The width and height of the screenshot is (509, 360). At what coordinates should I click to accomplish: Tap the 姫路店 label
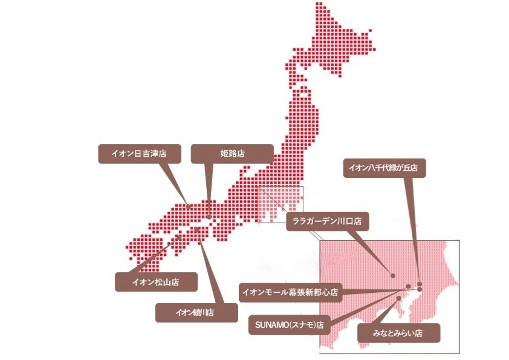[232, 154]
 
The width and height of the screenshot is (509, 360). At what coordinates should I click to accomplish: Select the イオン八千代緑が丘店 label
[384, 168]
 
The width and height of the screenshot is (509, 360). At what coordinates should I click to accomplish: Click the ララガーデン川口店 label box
[326, 221]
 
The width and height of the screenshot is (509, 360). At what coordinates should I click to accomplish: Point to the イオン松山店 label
[155, 282]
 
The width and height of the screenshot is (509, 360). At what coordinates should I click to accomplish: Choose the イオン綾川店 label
[195, 313]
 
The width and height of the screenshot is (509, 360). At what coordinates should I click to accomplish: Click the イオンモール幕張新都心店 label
[290, 293]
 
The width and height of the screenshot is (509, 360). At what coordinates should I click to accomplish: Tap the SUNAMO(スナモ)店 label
[287, 325]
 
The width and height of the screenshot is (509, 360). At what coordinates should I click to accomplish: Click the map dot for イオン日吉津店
[189, 206]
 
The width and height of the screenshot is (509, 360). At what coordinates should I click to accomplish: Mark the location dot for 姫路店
[209, 217]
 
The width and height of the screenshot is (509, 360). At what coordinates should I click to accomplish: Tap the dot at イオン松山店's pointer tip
[179, 237]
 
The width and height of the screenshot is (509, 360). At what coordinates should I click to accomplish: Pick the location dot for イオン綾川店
[198, 230]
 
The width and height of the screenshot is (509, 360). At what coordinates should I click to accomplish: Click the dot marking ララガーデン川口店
[393, 276]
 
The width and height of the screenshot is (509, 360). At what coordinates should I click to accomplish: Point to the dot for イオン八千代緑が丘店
[419, 284]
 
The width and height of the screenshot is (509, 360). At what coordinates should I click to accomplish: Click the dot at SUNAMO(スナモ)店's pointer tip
[409, 286]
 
